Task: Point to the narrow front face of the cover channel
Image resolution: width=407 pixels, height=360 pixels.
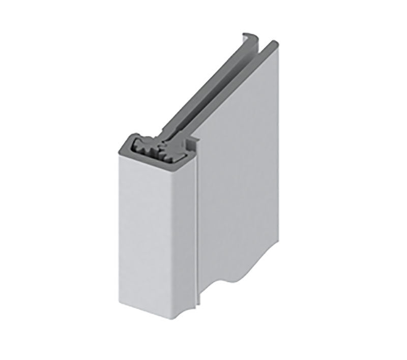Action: [x=153, y=234]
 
